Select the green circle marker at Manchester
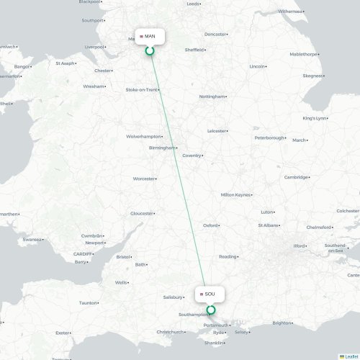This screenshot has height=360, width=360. (150, 51)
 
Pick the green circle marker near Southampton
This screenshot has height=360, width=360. (211, 310)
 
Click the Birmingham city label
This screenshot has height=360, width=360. (162, 148)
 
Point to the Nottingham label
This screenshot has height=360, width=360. (212, 96)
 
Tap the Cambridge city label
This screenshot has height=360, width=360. (296, 177)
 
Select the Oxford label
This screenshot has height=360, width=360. (210, 225)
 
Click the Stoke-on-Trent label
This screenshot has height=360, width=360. (142, 90)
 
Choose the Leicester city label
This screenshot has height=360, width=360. (217, 131)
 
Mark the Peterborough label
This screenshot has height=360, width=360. (270, 138)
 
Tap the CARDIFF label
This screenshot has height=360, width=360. (81, 253)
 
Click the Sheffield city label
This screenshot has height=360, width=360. (194, 50)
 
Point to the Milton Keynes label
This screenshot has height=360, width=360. (236, 194)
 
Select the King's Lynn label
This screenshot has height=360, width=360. (315, 118)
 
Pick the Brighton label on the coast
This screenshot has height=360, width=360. (282, 323)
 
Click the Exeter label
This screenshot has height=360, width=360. (63, 333)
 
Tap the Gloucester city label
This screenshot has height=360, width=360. (141, 213)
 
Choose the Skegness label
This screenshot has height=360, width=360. (313, 76)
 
